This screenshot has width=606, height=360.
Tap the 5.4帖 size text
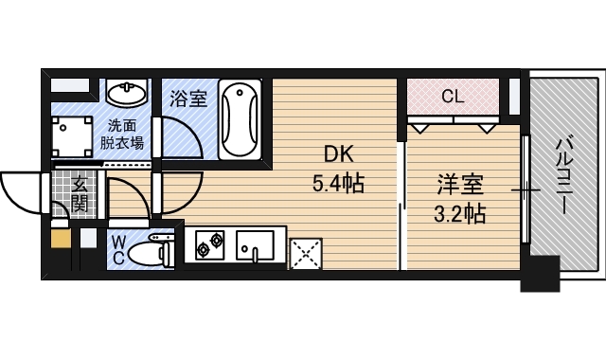(339, 182)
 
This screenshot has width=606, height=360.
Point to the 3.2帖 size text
(459, 213)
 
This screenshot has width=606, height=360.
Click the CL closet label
(453, 96)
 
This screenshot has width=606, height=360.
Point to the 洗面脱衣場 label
(123, 134)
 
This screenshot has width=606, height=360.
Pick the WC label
(119, 250)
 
